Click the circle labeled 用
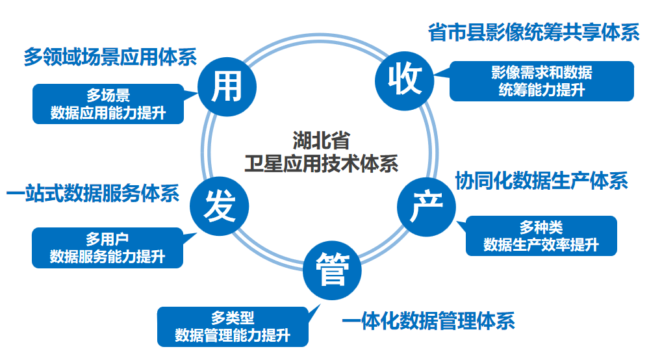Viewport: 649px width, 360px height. pos(227,86)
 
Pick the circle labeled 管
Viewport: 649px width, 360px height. pos(333,270)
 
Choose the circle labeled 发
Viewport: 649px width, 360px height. pos(218,210)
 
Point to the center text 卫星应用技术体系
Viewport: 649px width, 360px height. pos(321,163)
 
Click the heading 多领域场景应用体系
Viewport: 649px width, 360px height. pos(110,57)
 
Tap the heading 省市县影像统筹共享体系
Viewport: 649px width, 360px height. pos(533,33)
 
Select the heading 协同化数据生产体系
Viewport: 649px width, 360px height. pos(541,181)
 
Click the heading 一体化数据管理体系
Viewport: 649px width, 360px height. pos(428,320)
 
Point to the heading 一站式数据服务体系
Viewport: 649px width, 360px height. pos(92,194)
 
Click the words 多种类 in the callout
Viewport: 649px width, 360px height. pos(541,227)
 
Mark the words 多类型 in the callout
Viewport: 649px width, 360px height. pos(233,318)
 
